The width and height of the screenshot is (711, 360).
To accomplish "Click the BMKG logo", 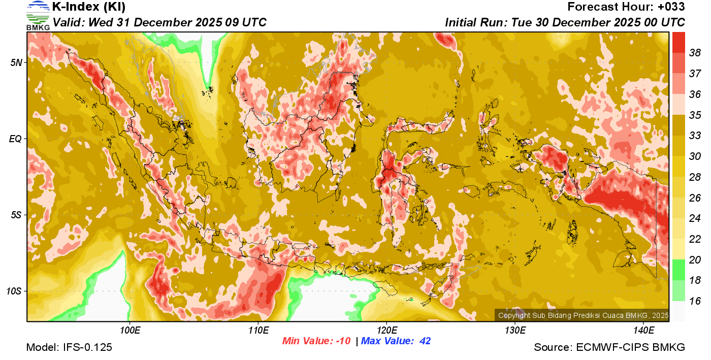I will (38, 15).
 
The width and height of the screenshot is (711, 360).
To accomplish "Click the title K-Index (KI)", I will (89, 7).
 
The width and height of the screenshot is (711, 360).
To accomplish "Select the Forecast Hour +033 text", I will (626, 7).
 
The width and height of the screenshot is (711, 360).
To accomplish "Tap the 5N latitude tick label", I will (16, 62).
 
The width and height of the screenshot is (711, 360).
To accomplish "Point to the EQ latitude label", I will (16, 139).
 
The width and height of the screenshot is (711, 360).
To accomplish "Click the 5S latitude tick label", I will (16, 215).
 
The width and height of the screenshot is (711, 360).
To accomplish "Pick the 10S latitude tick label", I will (14, 291).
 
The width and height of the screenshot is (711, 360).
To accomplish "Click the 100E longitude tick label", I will (130, 331).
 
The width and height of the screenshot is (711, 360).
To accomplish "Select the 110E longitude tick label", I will (258, 331).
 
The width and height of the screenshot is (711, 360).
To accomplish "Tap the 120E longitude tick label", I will (386, 331).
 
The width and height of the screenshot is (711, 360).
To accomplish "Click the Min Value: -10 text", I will (316, 341).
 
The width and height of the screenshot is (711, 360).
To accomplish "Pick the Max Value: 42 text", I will (396, 341).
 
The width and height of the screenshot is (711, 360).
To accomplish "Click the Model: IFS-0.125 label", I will (69, 348).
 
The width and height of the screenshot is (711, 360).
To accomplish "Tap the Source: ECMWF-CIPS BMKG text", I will (609, 348).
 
